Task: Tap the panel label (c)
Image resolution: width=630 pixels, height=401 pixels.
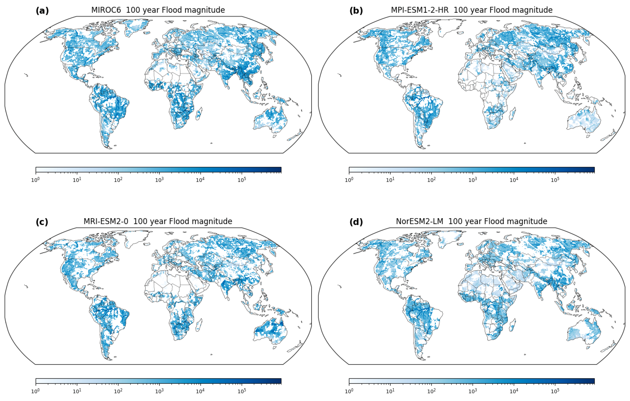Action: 42,222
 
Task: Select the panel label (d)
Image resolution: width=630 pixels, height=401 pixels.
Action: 356,222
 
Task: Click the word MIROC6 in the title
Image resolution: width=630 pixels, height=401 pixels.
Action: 106,10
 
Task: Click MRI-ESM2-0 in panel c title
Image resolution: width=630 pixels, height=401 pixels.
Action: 106,221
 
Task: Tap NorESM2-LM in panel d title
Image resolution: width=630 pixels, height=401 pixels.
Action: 419,221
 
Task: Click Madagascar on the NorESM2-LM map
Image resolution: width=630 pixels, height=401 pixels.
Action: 513,325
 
